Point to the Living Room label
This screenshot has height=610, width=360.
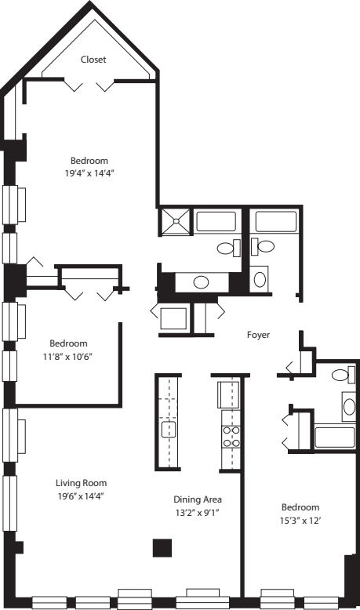81,483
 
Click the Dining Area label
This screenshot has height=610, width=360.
197,499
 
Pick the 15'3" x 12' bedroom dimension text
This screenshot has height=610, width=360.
301,520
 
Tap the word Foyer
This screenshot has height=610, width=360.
258,335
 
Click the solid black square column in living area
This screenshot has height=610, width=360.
162,547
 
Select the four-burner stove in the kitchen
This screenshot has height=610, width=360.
231,436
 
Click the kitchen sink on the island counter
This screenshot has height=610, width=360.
169,429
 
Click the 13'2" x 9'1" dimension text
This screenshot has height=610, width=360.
197,513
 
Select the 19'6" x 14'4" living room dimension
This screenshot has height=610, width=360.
81,496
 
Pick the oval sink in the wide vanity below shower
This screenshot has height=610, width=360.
201,281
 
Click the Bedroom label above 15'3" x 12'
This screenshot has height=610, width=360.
301,507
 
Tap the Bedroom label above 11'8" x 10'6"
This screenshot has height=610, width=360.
68,343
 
